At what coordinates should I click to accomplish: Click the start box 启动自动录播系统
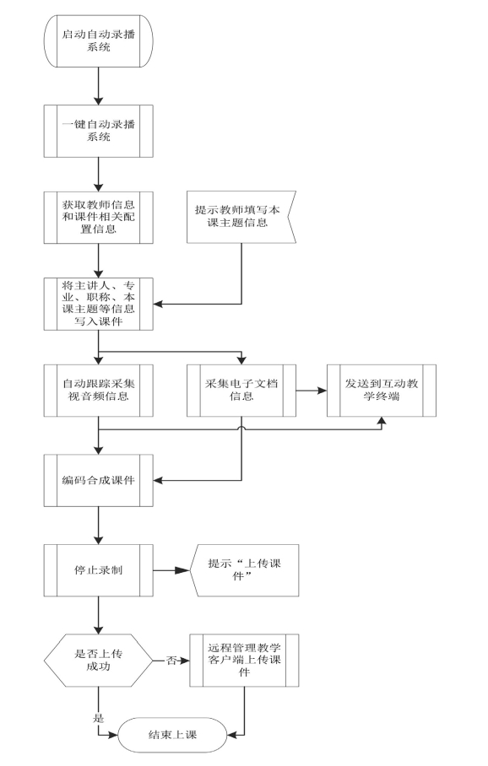coord(98,41)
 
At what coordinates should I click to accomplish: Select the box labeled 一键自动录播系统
coord(98,131)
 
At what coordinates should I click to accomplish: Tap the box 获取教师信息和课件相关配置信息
coord(98,218)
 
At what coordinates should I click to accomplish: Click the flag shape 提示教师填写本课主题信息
coord(241,217)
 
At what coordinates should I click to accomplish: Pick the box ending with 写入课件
coord(98,304)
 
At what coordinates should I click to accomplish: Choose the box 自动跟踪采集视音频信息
coord(98,391)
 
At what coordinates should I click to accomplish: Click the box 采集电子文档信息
coord(241,391)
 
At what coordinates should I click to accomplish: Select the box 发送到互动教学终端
coord(382,391)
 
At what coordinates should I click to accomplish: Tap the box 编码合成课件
coord(98,480)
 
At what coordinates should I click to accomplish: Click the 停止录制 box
coord(98,570)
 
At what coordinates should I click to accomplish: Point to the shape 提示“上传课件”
coord(245,570)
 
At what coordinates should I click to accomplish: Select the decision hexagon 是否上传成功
coord(98,661)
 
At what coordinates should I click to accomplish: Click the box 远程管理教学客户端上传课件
coord(245,661)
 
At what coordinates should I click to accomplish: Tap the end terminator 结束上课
coord(172,734)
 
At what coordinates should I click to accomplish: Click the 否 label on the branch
coord(171,661)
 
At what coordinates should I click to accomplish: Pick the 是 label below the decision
coord(98,718)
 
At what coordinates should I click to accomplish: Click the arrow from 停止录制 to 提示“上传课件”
coord(171,570)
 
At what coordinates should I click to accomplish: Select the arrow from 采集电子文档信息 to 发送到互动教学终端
coord(312,391)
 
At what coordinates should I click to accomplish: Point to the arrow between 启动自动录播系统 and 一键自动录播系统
coord(98,86)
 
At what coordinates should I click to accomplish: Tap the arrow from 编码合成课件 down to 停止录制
coord(98,526)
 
